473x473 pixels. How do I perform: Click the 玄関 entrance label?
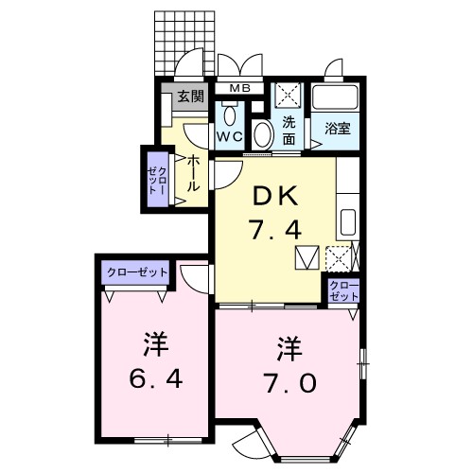(x=189, y=96)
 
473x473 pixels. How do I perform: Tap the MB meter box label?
(x=238, y=90)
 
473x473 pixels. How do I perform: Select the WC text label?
(x=231, y=136)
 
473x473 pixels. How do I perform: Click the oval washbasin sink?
(x=263, y=132)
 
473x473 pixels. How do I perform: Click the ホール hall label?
(x=193, y=173)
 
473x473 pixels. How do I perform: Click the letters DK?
(x=274, y=196)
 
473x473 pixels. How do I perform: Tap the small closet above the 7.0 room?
(x=343, y=289)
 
